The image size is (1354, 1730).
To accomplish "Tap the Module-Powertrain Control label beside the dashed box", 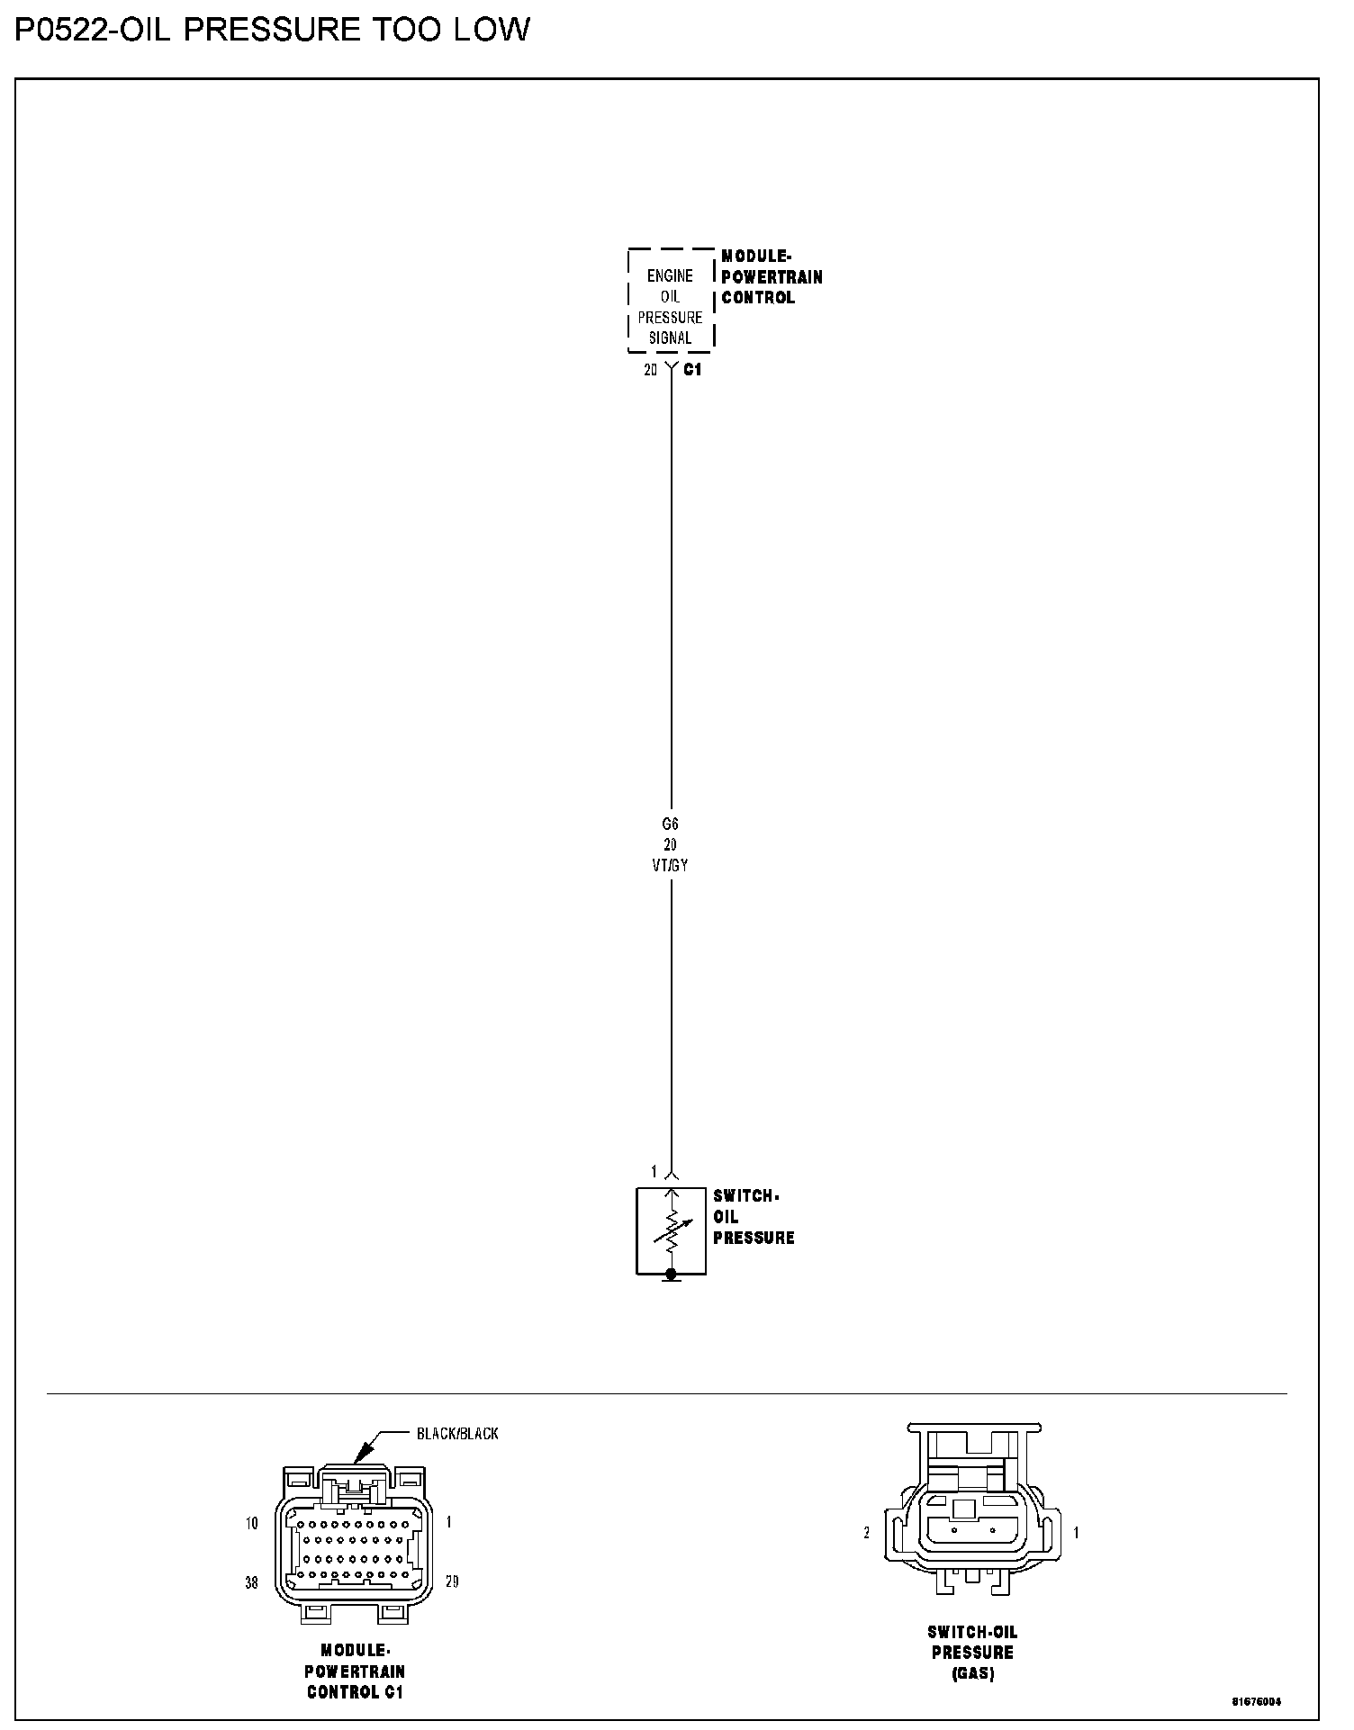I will coord(772,277).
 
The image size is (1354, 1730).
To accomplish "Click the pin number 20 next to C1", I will coord(651,370).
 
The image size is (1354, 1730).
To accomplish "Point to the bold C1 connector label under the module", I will coord(692,370).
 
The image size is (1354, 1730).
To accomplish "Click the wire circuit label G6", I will coord(670,824).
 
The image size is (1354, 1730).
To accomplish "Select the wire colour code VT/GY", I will coord(671,866).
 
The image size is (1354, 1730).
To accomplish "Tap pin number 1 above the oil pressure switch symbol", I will coord(654,1171).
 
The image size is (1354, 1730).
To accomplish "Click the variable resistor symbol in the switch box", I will coord(671,1231).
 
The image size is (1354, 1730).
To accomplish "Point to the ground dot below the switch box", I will coord(671,1274).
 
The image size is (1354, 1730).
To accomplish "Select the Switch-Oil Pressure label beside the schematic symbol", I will coord(754,1217).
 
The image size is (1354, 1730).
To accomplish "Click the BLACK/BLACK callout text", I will coord(457,1433).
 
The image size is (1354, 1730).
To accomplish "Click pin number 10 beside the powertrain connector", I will coord(251,1523).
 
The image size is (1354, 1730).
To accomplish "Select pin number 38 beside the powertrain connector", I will coord(251,1582).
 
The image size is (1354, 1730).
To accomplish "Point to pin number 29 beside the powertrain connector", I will coord(452,1582).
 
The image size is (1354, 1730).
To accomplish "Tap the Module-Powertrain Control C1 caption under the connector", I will coord(356,1671).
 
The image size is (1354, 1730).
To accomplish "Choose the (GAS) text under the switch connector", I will coord(972,1673).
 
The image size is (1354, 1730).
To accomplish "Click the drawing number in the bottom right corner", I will coord(1257,1701).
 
